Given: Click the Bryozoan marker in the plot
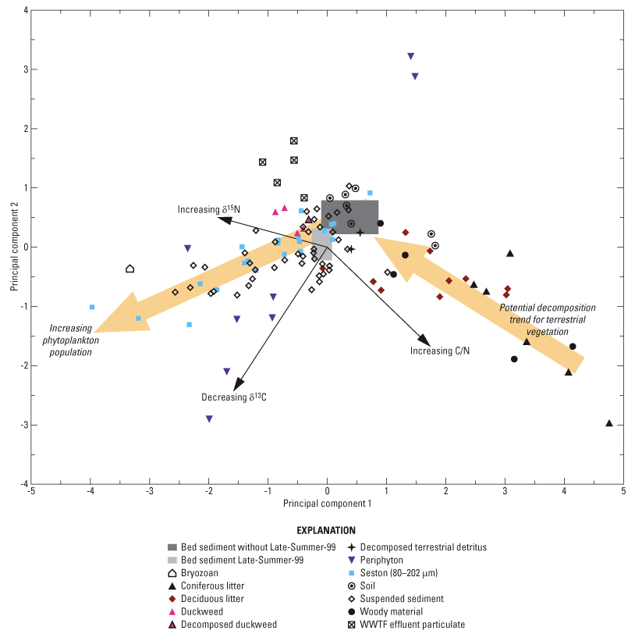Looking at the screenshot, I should click(130, 269).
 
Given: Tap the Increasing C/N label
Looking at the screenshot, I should click(440, 351).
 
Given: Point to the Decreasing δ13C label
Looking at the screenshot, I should click(234, 397).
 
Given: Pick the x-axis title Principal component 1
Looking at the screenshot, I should click(327, 505).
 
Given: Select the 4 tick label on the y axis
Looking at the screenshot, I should click(26, 11).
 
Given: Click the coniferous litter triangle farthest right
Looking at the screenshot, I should click(609, 423).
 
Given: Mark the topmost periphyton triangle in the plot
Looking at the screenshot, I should click(410, 56).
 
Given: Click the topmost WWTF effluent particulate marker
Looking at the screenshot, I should click(294, 141).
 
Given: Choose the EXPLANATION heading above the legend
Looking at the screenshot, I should click(332, 530).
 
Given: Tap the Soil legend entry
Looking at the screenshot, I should click(368, 586).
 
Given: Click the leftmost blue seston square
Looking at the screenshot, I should click(92, 307).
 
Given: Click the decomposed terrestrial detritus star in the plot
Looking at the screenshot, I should click(360, 232).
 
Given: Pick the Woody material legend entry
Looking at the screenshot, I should click(385, 611).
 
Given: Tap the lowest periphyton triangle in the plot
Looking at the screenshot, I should click(209, 419).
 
